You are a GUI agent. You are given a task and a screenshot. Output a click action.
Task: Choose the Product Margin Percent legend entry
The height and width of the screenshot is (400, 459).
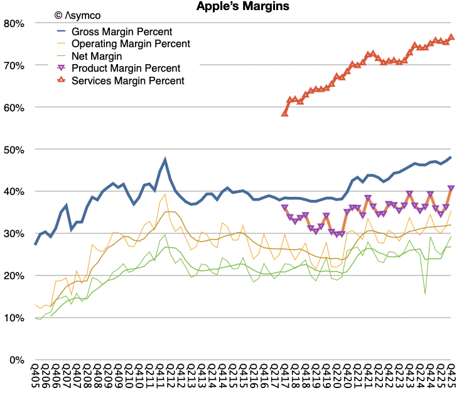(126, 68)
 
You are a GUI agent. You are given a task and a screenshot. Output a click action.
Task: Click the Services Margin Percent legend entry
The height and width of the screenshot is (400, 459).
(128, 81)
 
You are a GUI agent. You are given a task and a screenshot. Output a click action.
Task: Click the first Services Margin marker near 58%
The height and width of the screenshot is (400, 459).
(284, 113)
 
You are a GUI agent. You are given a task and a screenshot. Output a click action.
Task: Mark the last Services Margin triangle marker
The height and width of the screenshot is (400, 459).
(451, 37)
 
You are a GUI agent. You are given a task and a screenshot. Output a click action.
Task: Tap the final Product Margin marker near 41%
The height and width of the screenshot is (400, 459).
(451, 188)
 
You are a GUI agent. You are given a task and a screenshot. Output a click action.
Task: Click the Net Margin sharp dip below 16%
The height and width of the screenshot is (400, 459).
(425, 293)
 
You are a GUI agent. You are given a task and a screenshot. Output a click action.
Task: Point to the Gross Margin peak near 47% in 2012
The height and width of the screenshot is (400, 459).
(165, 160)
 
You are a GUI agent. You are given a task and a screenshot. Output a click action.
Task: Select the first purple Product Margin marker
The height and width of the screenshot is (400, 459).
(284, 207)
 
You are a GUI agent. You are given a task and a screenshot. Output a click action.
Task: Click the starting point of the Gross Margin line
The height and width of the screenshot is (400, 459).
(35, 244)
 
